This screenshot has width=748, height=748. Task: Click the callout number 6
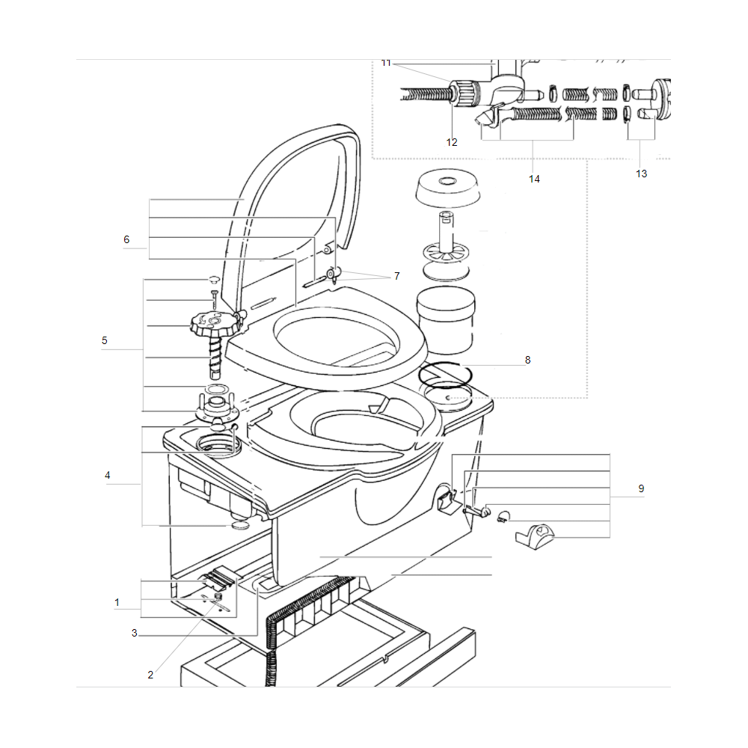pyautogui.click(x=126, y=239)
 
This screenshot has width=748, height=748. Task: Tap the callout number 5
pyautogui.click(x=105, y=340)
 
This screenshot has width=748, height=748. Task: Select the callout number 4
pyautogui.click(x=107, y=475)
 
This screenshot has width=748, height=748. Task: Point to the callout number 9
pyautogui.click(x=641, y=488)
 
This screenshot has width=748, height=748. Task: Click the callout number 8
pyautogui.click(x=527, y=360)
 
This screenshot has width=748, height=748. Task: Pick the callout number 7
pyautogui.click(x=397, y=276)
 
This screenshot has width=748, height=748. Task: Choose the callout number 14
pyautogui.click(x=534, y=179)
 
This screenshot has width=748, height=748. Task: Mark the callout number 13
pyautogui.click(x=642, y=174)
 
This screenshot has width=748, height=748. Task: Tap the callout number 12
pyautogui.click(x=452, y=142)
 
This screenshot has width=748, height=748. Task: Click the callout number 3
pyautogui.click(x=134, y=633)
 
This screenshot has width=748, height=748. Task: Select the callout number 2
pyautogui.click(x=150, y=675)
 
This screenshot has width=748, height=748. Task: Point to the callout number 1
pyautogui.click(x=117, y=602)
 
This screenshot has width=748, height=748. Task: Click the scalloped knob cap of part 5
pyautogui.click(x=210, y=324)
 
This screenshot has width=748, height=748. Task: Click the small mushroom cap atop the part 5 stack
pyautogui.click(x=213, y=278)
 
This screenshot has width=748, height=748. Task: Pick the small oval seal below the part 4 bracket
pyautogui.click(x=240, y=525)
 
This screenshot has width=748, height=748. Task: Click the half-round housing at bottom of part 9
pyautogui.click(x=536, y=536)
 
